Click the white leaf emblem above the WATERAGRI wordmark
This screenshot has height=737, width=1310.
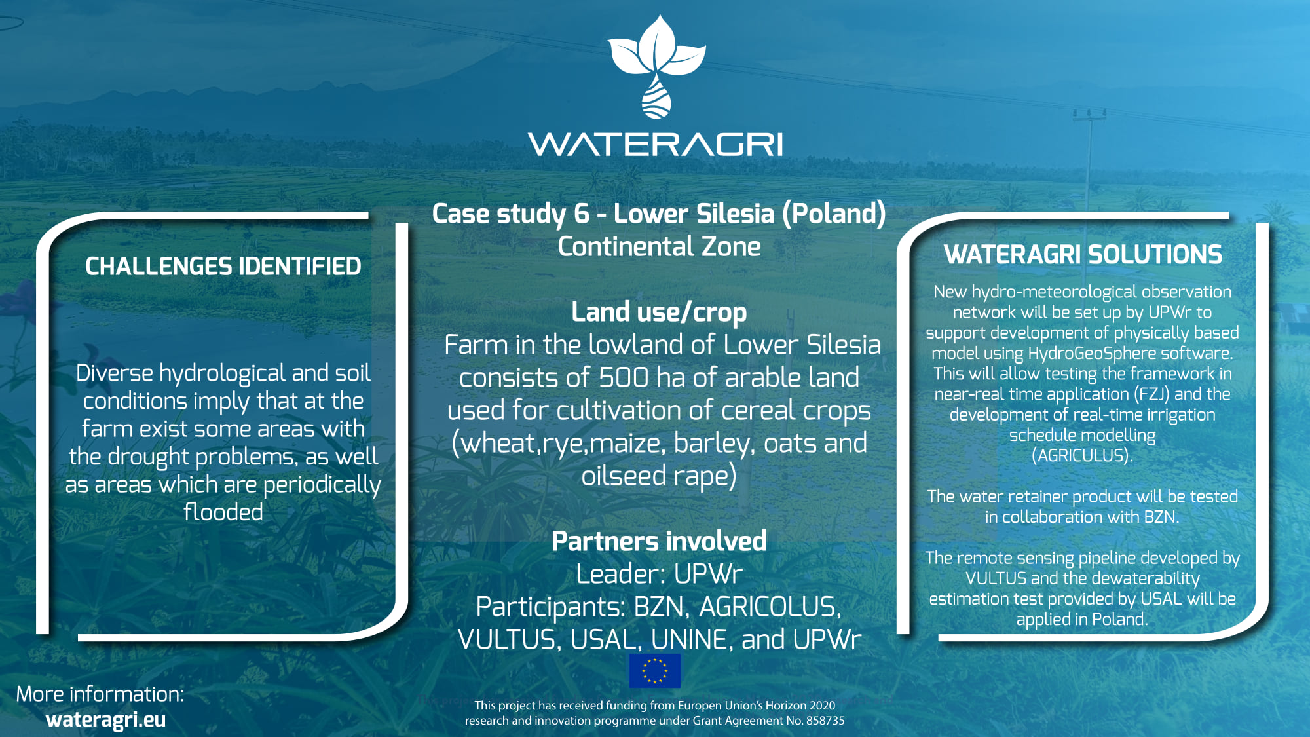tap(656, 66)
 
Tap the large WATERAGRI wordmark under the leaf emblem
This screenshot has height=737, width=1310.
tap(655, 144)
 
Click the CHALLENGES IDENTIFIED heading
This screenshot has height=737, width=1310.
tap(223, 266)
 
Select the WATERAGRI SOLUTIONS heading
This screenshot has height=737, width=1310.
tap(1083, 254)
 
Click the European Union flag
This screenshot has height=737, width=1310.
tap(655, 671)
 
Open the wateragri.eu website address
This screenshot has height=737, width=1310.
tap(105, 720)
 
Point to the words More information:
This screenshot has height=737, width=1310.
tap(100, 694)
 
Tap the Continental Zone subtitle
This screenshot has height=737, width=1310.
tap(659, 247)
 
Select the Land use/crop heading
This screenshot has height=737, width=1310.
tap(659, 312)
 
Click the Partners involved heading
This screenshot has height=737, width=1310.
tap(659, 541)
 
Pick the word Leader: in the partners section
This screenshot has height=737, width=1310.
tap(619, 574)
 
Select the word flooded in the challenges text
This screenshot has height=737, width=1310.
tap(223, 512)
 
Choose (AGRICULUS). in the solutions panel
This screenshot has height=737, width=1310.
tap(1082, 455)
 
